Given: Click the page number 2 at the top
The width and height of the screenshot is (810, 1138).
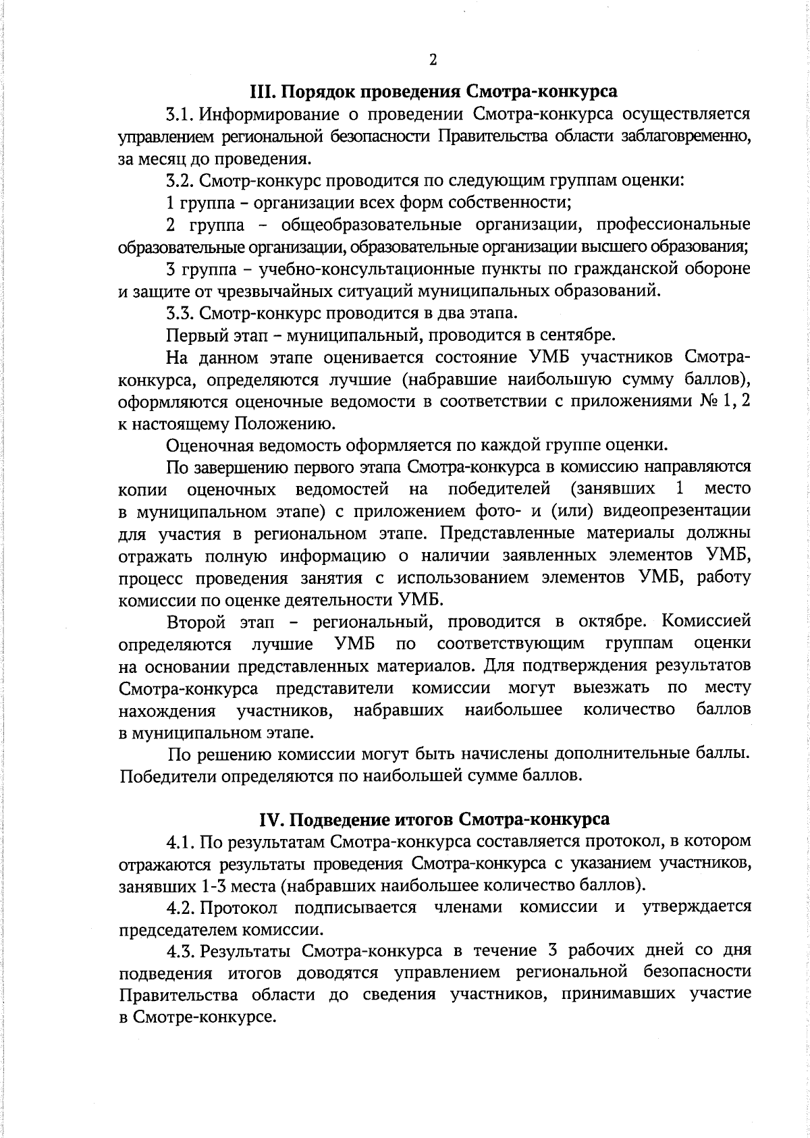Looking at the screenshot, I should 433,60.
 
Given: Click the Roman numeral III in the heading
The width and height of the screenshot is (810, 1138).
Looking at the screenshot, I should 260,90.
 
